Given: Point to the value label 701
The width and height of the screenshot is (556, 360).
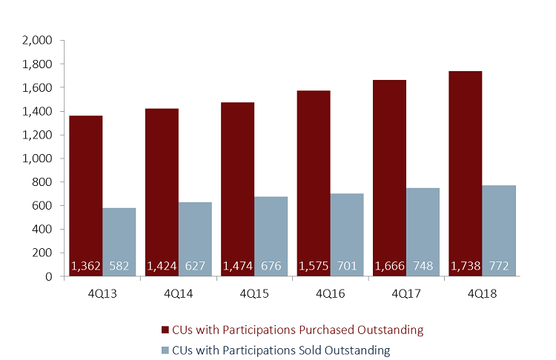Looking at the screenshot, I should pyautogui.click(x=347, y=266).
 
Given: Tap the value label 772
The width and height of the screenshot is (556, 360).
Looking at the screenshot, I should pyautogui.click(x=499, y=266).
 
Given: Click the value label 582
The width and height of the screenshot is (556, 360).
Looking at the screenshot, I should pyautogui.click(x=119, y=266).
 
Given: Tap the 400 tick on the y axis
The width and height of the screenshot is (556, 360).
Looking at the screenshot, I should pyautogui.click(x=42, y=230).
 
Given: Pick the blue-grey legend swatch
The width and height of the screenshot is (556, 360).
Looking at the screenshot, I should pyautogui.click(x=165, y=350).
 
